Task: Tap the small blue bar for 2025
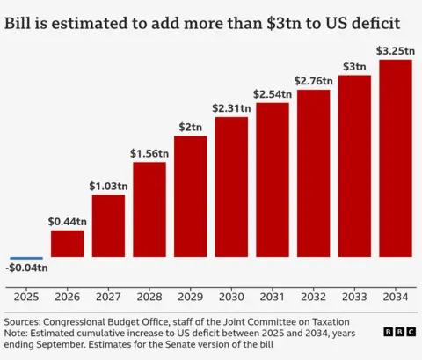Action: pyautogui.click(x=26, y=256)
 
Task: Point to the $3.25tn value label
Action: pyautogui.click(x=396, y=50)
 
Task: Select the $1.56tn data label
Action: pyautogui.click(x=149, y=153)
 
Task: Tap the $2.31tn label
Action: pyautogui.click(x=231, y=107)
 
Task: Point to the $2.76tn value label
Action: pyautogui.click(x=313, y=80)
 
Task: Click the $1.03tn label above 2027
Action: pyautogui.click(x=108, y=186)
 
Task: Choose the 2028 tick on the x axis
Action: pyautogui.click(x=149, y=297)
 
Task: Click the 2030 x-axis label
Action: pyautogui.click(x=231, y=297)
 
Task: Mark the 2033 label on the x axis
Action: pyautogui.click(x=354, y=297)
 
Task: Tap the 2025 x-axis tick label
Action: pyautogui.click(x=26, y=297)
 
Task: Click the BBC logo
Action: pyautogui.click(x=399, y=332)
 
